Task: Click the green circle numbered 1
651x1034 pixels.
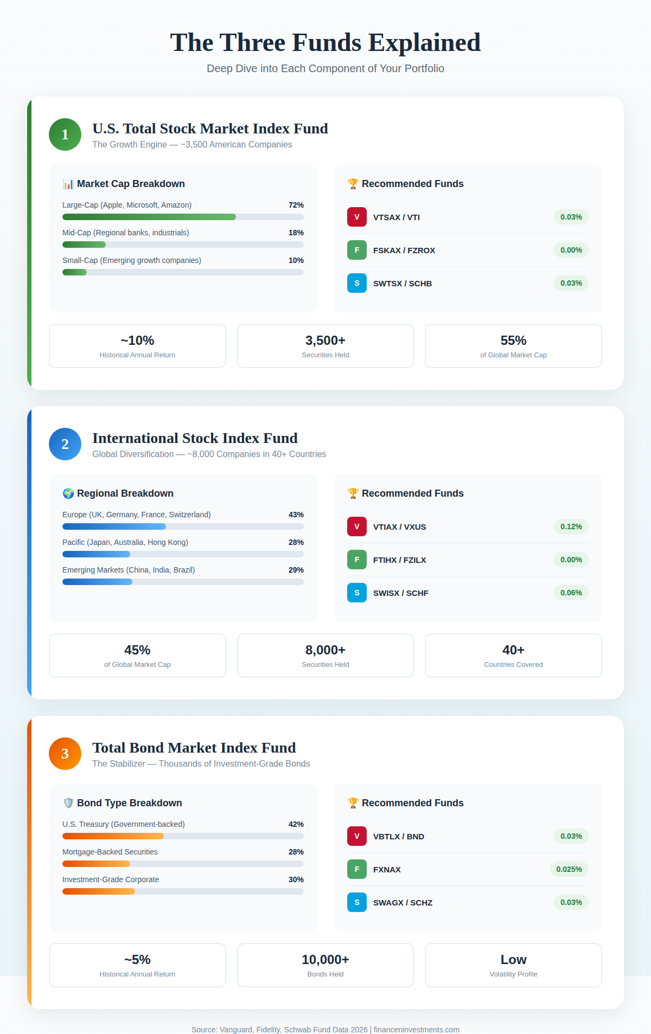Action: [x=65, y=134]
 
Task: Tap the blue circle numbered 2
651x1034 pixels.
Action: [x=65, y=444]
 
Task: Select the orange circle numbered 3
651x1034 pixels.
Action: [x=65, y=754]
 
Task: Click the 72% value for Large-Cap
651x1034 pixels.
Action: [x=296, y=205]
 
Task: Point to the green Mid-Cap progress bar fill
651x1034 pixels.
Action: [x=84, y=245]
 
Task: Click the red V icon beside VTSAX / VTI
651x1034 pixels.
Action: [x=357, y=217]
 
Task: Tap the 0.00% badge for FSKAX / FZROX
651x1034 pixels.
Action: [x=571, y=250]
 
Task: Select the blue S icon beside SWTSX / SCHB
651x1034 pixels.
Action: [x=357, y=283]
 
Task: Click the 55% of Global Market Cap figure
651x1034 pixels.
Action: [x=513, y=341]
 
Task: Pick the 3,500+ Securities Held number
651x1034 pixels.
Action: [x=325, y=341]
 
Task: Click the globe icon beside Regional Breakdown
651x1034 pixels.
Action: [x=68, y=493]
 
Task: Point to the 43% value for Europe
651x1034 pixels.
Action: [x=296, y=515]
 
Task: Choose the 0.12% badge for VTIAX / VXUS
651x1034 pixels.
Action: [x=571, y=526]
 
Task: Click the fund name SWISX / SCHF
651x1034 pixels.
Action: [x=401, y=593]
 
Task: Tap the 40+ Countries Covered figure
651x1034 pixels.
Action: [x=513, y=650]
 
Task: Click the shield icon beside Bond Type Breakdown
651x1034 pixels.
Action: [x=68, y=803]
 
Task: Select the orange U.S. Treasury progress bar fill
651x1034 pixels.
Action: [x=113, y=836]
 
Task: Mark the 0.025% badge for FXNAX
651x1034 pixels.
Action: [x=569, y=869]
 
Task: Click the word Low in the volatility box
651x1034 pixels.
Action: [x=513, y=960]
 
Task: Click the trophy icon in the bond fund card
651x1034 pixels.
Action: [x=353, y=803]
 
